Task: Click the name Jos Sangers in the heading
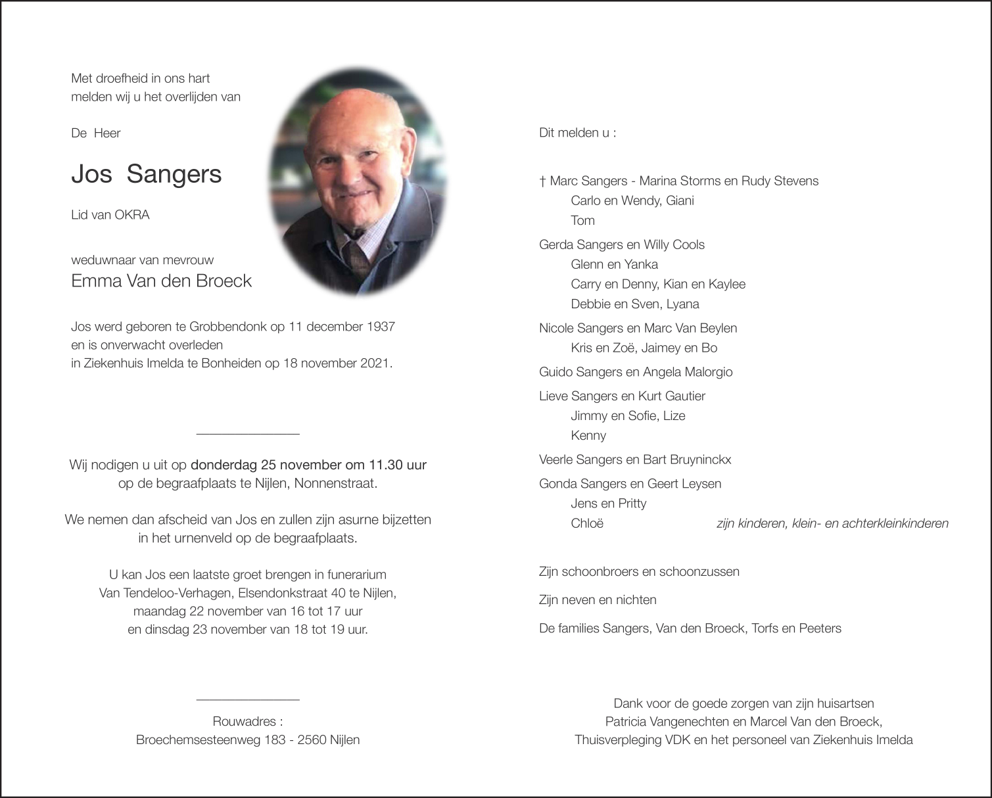(146, 174)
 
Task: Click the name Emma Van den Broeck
(161, 281)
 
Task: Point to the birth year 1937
(381, 327)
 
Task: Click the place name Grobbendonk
(227, 327)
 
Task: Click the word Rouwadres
(246, 721)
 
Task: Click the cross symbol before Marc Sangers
(542, 181)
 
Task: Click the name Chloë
(587, 524)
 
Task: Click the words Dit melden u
(574, 133)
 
